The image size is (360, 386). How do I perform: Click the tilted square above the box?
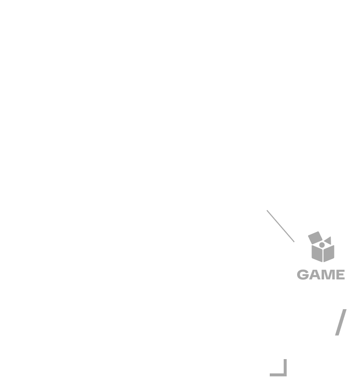click(315, 238)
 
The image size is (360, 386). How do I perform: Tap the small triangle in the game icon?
click(328, 241)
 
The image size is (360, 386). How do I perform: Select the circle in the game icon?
click(322, 245)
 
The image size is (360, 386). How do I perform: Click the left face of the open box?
click(317, 253)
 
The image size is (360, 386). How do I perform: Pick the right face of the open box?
click(329, 253)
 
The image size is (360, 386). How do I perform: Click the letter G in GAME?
click(303, 275)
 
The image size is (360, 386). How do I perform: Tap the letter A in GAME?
click(315, 275)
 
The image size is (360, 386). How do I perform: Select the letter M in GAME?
click(327, 275)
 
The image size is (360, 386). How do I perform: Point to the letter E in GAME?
click(339, 275)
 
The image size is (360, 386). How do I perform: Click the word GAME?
click(321, 275)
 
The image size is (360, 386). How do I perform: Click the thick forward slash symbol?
click(341, 322)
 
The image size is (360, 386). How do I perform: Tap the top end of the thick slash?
click(345, 310)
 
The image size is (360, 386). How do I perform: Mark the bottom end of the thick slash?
click(337, 335)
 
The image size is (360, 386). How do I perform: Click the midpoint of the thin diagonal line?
click(280, 226)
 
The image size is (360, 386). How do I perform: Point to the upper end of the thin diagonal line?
click(267, 210)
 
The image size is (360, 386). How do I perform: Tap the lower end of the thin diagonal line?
click(294, 242)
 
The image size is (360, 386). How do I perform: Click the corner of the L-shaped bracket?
click(285, 375)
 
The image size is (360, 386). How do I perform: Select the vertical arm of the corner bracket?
click(285, 368)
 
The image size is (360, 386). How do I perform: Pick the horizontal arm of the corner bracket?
click(278, 375)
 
